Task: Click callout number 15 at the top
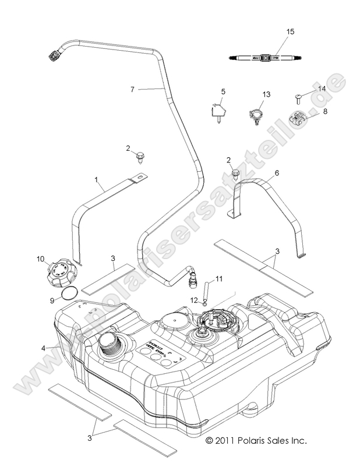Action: pos(291,31)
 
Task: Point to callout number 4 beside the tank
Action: pos(43,348)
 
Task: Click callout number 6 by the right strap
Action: pos(277,173)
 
